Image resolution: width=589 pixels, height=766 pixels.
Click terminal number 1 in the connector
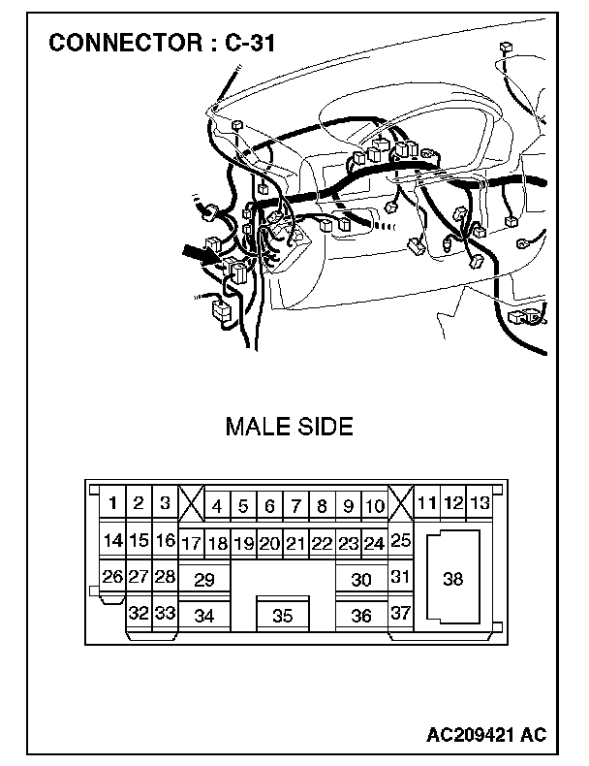point(113,503)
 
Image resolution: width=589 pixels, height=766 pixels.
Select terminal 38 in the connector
point(452,579)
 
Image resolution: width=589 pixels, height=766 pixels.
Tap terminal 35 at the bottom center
point(282,615)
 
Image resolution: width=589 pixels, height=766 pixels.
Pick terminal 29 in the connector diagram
point(203,580)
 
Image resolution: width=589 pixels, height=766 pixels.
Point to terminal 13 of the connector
point(479,502)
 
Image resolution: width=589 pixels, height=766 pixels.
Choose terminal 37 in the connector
point(401,614)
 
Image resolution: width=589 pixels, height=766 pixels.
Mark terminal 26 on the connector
point(112,577)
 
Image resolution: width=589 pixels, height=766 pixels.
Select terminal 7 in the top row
point(295,505)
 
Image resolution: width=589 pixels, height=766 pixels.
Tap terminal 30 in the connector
point(361,580)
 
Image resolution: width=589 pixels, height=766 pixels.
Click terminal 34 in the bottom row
point(203,615)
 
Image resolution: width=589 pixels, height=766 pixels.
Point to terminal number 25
point(401,541)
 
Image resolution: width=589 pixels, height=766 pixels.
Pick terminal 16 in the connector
point(166,540)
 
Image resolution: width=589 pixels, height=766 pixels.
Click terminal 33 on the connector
point(166,613)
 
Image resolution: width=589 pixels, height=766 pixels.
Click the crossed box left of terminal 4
point(192,504)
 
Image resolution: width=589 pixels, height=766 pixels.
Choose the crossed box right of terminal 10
point(401,504)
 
